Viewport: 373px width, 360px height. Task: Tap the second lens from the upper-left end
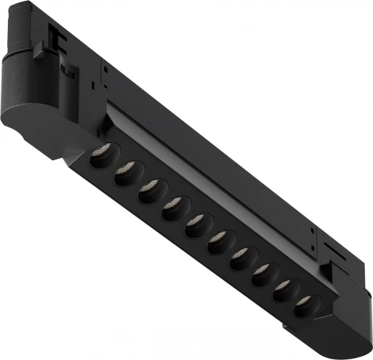pyautogui.click(x=125, y=175)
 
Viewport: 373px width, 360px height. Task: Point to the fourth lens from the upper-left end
pyautogui.click(x=171, y=210)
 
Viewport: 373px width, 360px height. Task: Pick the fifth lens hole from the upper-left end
pyautogui.click(x=194, y=228)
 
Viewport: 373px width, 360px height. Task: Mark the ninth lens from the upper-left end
pyautogui.click(x=284, y=295)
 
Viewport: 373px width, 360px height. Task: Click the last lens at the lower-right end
pyautogui.click(x=306, y=311)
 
